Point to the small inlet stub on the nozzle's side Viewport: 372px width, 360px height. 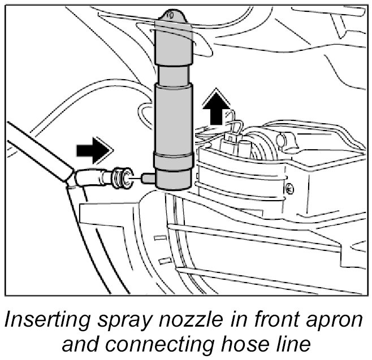[147, 178]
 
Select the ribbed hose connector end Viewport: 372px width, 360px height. [119, 177]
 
